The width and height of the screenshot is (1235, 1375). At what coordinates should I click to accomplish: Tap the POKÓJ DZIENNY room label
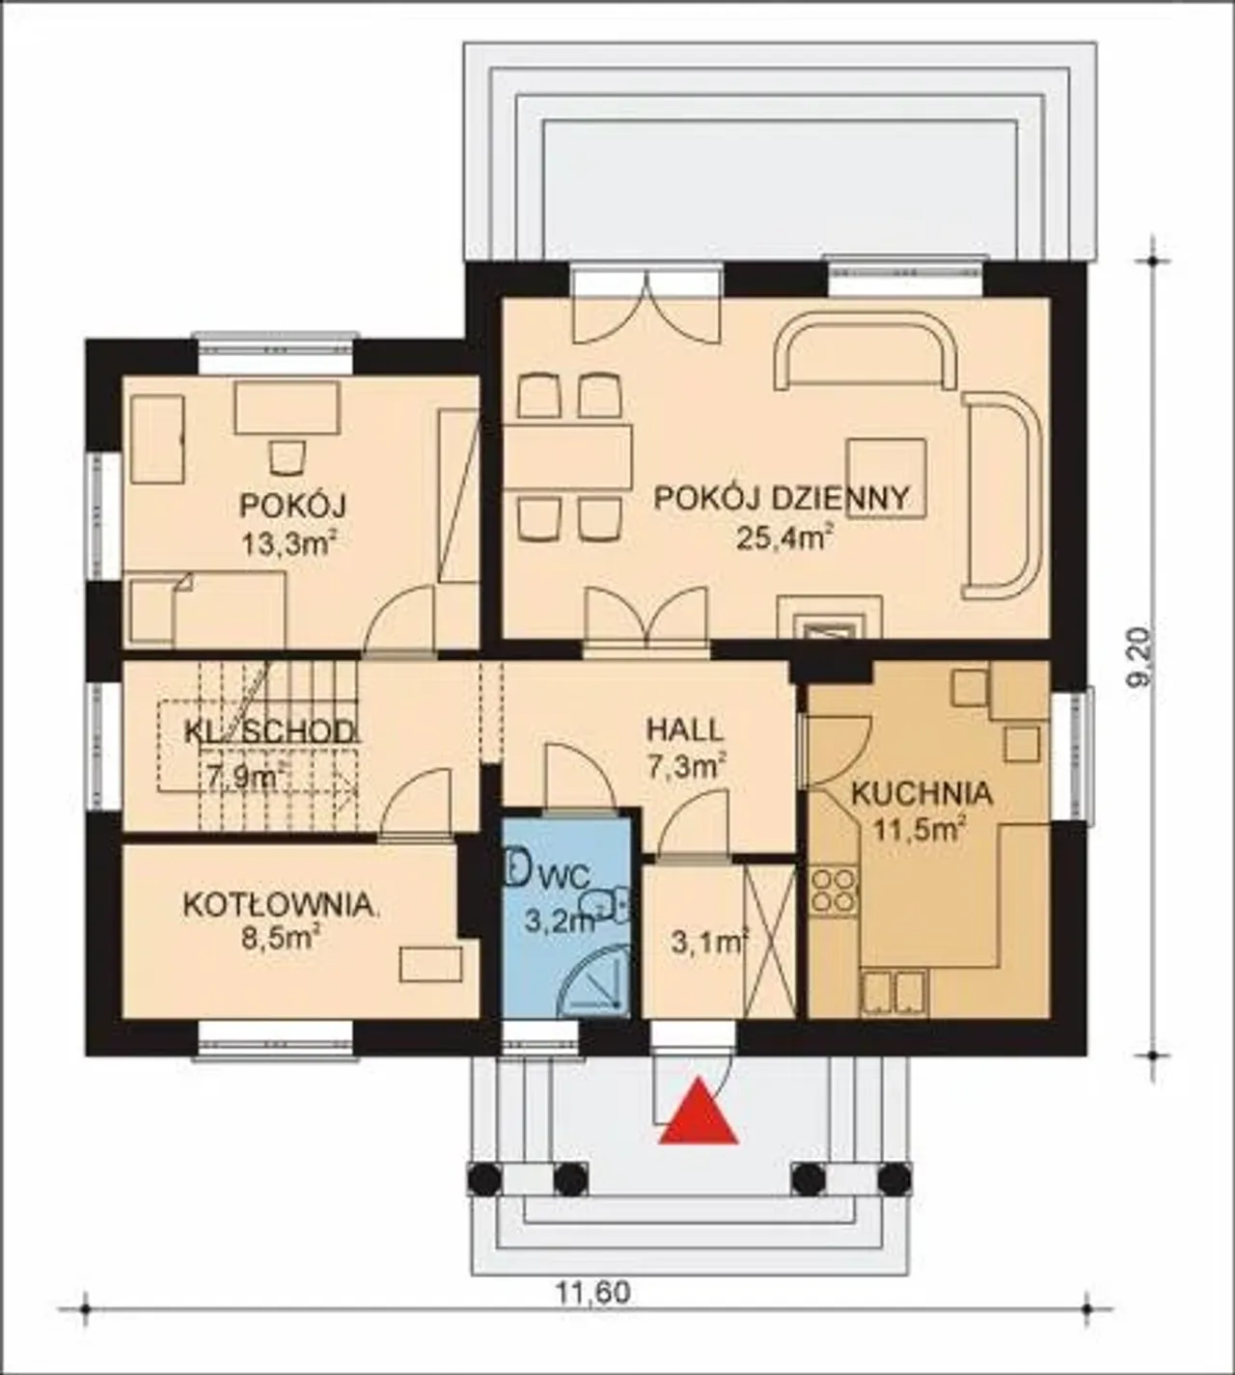781,499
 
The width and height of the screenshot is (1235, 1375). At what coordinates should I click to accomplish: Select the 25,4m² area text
784,538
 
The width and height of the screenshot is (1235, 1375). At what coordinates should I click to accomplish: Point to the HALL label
685,730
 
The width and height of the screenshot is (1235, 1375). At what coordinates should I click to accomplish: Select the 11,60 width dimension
594,1294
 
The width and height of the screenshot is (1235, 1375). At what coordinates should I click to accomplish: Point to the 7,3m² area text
687,767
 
